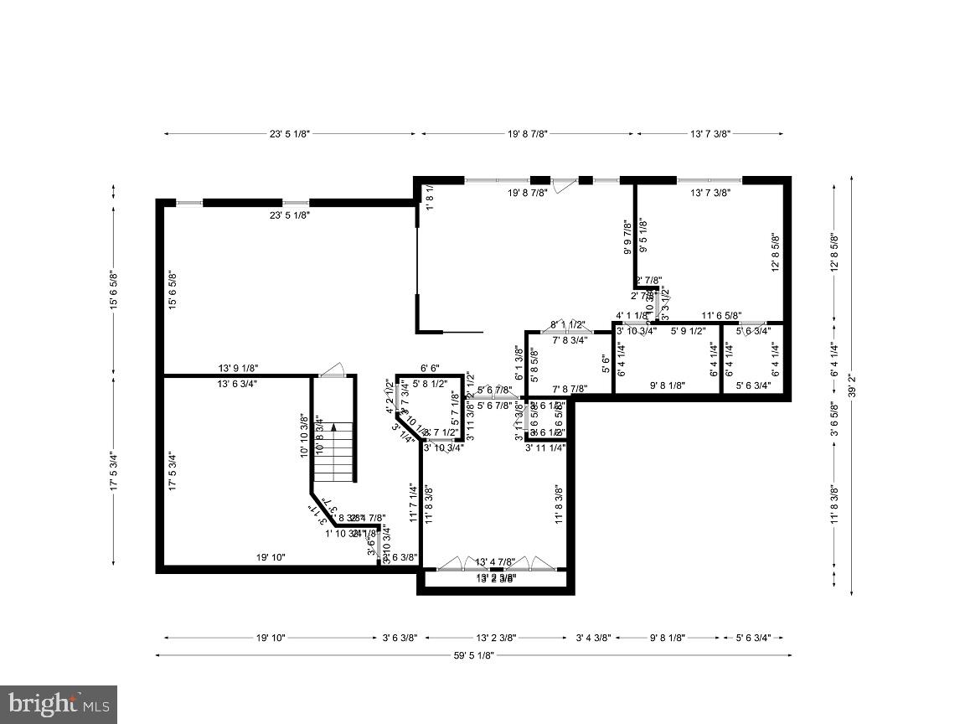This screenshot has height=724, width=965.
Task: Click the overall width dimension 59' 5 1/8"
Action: [474, 656]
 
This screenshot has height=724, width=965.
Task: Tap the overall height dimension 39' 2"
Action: [852, 385]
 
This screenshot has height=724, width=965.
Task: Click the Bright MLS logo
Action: [58, 704]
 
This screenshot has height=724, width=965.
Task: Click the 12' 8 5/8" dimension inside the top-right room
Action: [776, 252]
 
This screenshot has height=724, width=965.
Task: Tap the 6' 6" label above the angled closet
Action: [430, 368]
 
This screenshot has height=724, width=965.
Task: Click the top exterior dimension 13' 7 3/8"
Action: [710, 133]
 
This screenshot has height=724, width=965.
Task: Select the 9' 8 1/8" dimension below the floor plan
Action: [668, 638]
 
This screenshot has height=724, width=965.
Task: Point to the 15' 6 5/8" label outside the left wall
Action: [115, 290]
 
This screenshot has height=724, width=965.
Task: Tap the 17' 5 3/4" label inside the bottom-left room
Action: [173, 471]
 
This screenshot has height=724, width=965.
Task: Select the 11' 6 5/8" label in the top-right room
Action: [721, 316]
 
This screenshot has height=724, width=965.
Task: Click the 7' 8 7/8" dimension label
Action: [570, 389]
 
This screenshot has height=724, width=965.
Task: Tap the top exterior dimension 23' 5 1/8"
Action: [290, 133]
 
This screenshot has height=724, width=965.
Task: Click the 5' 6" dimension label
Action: [606, 363]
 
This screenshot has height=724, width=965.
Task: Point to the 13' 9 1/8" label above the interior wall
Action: [238, 368]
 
